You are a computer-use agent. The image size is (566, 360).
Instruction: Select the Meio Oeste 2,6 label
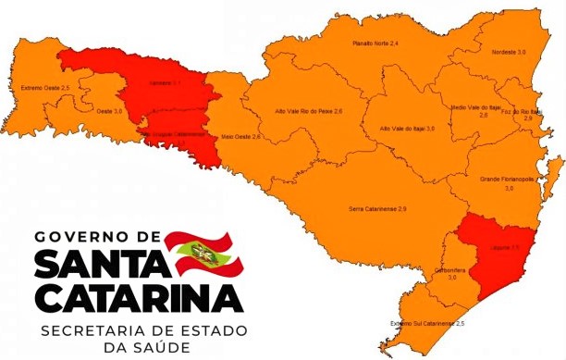pos(240,136)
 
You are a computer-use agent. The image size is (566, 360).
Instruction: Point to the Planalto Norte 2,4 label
pos(375,43)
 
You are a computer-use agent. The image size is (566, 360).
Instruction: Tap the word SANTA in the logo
pos(101,267)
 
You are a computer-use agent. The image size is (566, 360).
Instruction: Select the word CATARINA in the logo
pos(139,298)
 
